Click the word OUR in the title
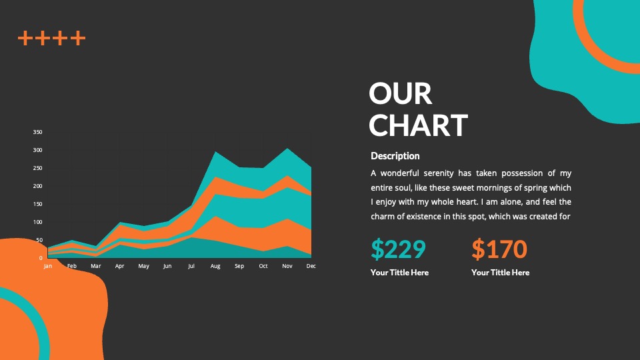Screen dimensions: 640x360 400,93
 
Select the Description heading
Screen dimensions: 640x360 395,156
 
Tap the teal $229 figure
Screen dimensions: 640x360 399,249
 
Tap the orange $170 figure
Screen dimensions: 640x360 499,249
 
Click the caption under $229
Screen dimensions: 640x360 399,273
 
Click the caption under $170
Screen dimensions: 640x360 501,273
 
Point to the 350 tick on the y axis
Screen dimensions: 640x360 37,132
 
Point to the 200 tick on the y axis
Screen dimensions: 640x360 37,186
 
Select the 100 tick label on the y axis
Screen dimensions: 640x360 37,222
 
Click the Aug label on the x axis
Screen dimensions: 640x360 215,266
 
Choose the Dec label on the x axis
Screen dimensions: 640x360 311,266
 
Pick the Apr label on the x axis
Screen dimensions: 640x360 119,266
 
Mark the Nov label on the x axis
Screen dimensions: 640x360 287,266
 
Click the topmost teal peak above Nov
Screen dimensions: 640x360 287,148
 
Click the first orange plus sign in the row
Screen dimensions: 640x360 25,38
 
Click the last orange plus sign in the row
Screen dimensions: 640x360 78,38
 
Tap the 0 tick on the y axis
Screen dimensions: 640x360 41,258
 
